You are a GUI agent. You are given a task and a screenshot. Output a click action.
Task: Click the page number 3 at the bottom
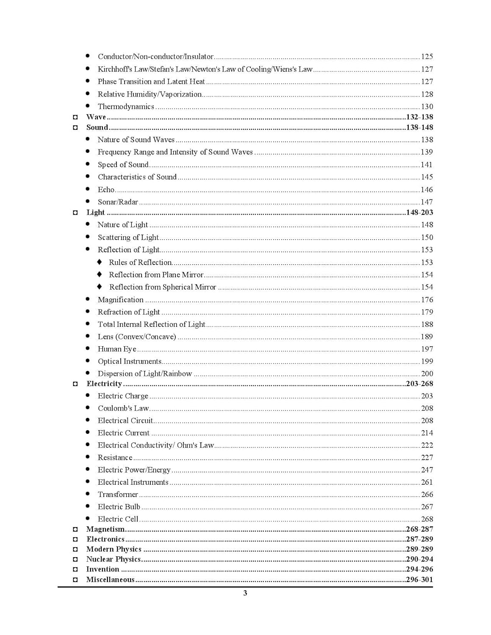click(245, 593)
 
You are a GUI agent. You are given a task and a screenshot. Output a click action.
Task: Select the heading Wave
click(96, 117)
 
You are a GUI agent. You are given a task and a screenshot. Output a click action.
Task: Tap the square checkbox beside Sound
click(75, 127)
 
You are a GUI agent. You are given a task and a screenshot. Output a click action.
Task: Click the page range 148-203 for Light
click(419, 212)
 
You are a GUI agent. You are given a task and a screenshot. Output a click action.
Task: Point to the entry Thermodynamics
click(126, 107)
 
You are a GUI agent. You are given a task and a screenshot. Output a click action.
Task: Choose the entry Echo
click(106, 190)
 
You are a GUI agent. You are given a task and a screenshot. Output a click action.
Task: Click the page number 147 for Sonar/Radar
click(427, 202)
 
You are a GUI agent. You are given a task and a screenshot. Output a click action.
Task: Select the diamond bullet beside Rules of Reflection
click(100, 262)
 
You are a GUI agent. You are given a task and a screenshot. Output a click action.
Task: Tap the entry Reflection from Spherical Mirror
click(163, 287)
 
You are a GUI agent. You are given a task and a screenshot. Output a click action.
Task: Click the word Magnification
click(120, 300)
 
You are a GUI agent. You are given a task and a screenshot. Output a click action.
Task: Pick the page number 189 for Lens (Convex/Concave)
click(427, 337)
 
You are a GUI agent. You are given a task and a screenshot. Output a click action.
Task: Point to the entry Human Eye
click(117, 349)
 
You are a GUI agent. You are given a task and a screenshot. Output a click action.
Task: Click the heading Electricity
click(104, 384)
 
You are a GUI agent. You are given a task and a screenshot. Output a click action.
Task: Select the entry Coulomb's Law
click(123, 408)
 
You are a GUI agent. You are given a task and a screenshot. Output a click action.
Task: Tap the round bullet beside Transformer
click(88, 494)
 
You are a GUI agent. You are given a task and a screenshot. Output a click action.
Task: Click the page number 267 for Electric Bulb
click(427, 507)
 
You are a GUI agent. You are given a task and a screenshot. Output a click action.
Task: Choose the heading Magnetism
click(105, 529)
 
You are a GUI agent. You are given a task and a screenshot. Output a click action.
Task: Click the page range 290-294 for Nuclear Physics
click(419, 559)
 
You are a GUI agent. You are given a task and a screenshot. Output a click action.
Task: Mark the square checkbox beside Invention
click(75, 569)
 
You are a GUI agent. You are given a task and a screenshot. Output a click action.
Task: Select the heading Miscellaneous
click(110, 580)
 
